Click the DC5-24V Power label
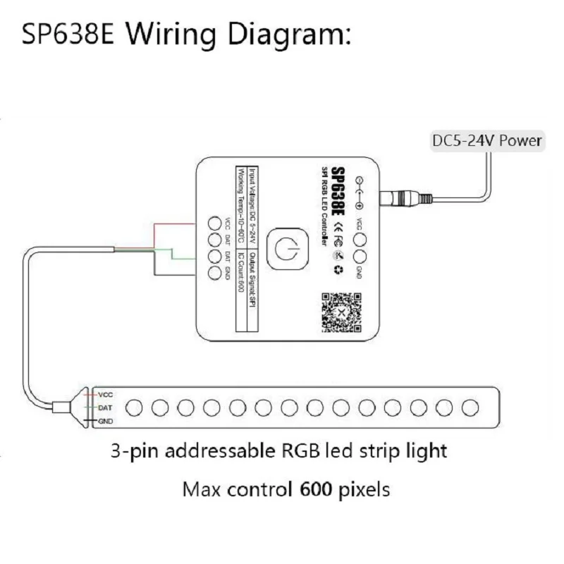pyautogui.click(x=486, y=141)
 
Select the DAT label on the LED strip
pyautogui.click(x=105, y=408)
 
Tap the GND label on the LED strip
pyautogui.click(x=105, y=422)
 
